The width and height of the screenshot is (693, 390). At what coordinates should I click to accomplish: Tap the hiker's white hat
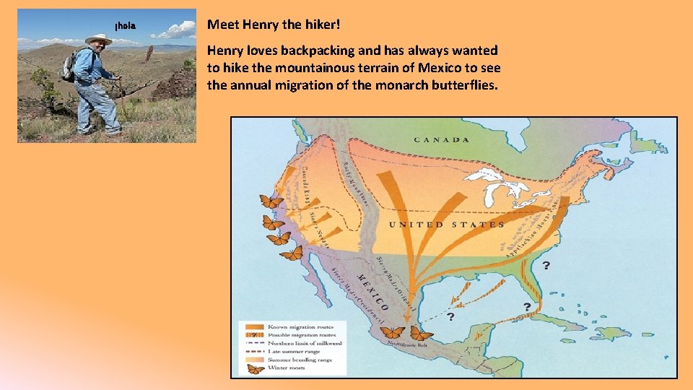98,38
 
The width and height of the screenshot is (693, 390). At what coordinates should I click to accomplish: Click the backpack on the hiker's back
69,66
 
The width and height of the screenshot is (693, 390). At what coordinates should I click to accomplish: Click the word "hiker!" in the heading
321,25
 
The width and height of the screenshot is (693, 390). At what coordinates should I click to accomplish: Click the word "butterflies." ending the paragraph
463,86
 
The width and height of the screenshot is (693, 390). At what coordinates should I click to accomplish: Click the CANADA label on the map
440,139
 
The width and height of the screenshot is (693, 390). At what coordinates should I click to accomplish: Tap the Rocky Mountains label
357,181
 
